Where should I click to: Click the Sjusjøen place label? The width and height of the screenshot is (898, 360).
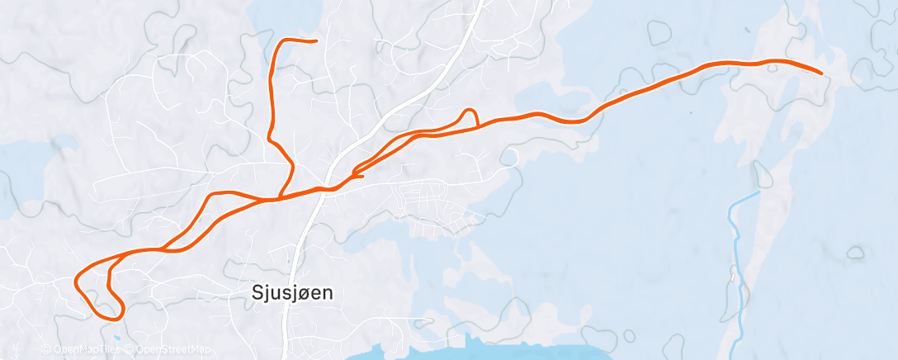286,292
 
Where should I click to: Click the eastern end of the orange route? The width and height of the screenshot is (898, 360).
822,73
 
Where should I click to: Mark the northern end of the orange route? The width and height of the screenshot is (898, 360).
315,40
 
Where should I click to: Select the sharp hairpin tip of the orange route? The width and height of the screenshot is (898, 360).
354,173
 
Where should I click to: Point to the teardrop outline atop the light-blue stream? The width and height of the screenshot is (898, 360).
760,173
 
